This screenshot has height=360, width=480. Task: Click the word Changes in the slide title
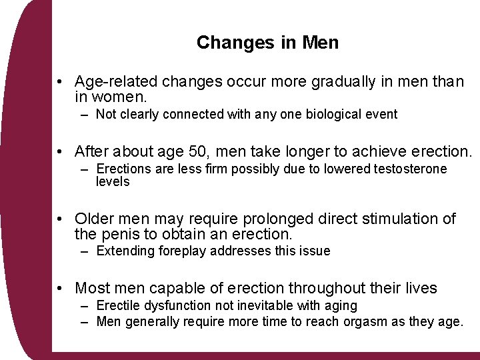tap(227, 43)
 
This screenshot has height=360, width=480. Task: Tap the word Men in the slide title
tap(321, 43)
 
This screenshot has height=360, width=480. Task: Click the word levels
tap(113, 181)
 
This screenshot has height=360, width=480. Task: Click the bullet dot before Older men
tap(60, 219)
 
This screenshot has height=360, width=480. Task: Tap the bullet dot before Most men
tap(60, 289)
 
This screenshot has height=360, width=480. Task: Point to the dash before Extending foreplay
tap(84, 251)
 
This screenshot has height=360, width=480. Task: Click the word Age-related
tap(117, 82)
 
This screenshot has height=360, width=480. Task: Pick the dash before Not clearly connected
tap(84, 114)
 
